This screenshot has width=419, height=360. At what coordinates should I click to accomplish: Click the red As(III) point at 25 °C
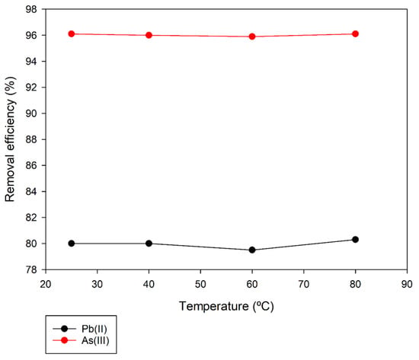click(x=72, y=34)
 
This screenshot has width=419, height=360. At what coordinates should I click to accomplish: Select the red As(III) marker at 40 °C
click(x=149, y=35)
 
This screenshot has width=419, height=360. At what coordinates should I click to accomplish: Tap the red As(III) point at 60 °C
click(x=252, y=37)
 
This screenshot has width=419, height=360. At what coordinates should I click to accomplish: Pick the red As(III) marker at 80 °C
click(x=355, y=34)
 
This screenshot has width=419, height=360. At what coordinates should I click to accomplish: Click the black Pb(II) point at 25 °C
click(x=72, y=244)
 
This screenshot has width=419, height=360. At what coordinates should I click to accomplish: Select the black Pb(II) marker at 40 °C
click(x=149, y=244)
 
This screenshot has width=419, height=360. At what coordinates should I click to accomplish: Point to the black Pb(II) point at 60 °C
click(x=252, y=250)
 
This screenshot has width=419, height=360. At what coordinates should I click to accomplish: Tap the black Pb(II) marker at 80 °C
click(x=355, y=240)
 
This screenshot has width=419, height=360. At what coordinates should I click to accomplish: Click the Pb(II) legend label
click(x=94, y=329)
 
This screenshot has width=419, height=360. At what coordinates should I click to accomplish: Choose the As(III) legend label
click(x=95, y=340)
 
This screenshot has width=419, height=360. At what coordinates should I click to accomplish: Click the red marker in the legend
click(x=65, y=340)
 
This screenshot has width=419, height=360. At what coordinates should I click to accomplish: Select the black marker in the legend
click(x=65, y=329)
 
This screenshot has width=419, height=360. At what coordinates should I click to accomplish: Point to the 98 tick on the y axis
click(x=31, y=9)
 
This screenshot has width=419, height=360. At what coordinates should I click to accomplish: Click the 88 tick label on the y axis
click(x=31, y=139)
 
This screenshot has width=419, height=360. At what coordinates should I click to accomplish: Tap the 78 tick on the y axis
click(x=31, y=269)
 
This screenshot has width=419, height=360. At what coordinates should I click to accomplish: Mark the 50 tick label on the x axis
click(x=200, y=284)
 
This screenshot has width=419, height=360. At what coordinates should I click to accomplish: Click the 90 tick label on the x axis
click(x=407, y=284)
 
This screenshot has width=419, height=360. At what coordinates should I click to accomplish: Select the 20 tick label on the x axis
click(x=46, y=284)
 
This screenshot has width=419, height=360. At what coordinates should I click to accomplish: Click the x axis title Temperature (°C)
click(x=226, y=306)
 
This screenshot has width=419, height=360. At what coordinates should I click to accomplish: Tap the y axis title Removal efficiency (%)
click(x=10, y=139)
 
